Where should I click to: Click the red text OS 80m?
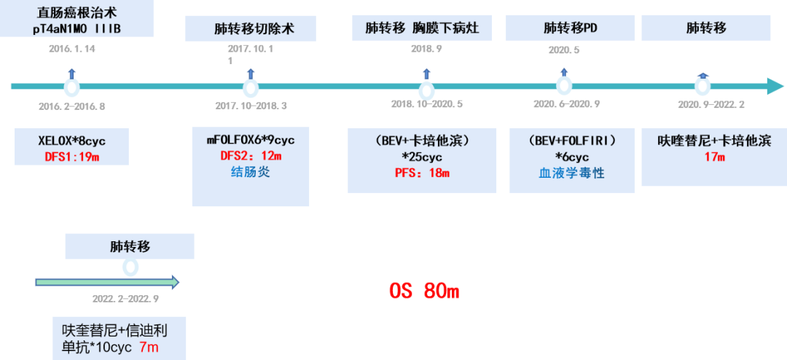pos(424,291)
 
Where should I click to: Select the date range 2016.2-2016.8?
pos(71,106)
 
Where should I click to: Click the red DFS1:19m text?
pos(71,155)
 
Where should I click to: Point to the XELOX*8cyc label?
pos(71,139)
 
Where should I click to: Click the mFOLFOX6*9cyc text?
pos(251,139)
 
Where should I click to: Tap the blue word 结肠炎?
pos(251,173)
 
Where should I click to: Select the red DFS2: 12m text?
pos(251,156)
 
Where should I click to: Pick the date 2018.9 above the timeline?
pos(426,49)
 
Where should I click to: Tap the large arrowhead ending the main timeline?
pos(774,87)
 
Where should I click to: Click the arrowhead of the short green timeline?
pos(173,282)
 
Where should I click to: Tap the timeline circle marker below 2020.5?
pos(564,86)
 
